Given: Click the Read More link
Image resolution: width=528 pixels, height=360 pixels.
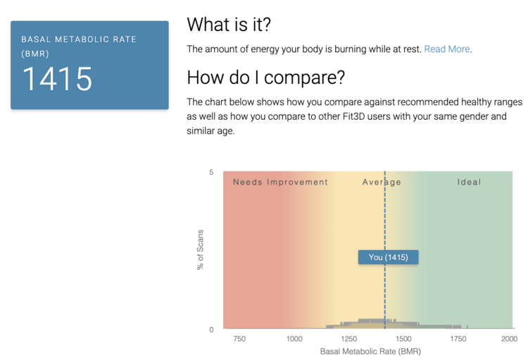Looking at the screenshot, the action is click(x=447, y=49).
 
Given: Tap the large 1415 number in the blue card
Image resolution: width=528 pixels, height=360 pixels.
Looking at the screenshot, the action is click(x=57, y=79).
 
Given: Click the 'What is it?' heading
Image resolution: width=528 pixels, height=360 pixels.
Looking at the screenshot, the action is click(x=229, y=24).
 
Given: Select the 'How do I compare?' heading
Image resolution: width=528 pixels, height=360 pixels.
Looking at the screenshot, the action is click(x=266, y=77).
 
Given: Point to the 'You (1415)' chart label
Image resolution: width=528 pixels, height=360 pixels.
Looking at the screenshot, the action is click(x=388, y=257).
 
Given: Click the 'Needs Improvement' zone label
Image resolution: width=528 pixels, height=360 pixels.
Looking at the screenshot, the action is click(x=280, y=182).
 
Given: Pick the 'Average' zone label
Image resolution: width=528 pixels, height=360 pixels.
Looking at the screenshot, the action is click(x=382, y=182).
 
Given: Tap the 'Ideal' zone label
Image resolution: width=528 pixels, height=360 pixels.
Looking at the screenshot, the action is click(x=469, y=182).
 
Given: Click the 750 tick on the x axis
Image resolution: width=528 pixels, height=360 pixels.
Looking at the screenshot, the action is click(x=239, y=339).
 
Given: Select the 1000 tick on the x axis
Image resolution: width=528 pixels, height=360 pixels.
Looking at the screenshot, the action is click(x=294, y=339).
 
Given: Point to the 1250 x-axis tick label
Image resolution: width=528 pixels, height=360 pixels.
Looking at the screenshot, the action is click(x=349, y=339).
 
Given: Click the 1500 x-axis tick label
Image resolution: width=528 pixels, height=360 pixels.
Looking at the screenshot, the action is click(x=403, y=339).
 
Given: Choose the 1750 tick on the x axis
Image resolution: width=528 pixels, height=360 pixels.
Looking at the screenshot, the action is click(x=458, y=339).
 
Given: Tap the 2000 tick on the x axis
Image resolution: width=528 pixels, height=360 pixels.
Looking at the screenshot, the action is click(x=509, y=339).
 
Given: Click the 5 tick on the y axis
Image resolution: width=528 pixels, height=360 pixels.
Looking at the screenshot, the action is click(x=211, y=172).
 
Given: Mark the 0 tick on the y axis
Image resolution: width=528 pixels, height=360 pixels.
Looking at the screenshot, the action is click(x=211, y=330).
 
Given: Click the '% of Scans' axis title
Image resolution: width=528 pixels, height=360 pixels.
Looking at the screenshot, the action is click(x=201, y=250).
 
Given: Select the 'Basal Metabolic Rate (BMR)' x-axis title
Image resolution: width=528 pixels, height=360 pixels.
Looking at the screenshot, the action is click(x=370, y=352).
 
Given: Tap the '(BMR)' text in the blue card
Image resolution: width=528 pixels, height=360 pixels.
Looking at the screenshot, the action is click(x=35, y=54).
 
